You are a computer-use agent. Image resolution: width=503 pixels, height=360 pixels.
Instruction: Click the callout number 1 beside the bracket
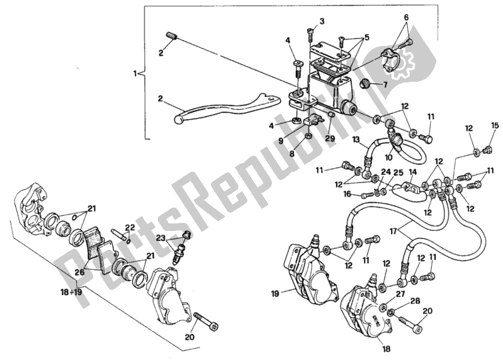134,74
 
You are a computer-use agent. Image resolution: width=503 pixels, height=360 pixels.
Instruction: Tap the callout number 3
322,21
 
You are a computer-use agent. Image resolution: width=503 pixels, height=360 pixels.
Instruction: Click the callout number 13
356,139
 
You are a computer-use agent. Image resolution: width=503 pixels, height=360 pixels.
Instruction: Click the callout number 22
130,227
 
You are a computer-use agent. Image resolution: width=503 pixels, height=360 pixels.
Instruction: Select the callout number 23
160,239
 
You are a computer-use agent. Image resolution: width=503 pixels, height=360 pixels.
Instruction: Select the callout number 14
413,171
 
